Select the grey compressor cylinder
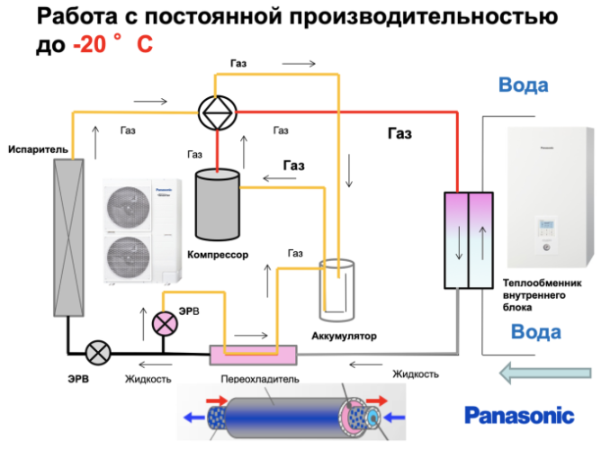coord(217,206)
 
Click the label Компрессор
coord(217,255)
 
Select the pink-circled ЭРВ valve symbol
coord(164,323)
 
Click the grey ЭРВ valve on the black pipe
coord(97,352)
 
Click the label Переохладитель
coord(255,379)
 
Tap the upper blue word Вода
coord(523,86)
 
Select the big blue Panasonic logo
coord(518,415)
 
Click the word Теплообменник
coord(538,282)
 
